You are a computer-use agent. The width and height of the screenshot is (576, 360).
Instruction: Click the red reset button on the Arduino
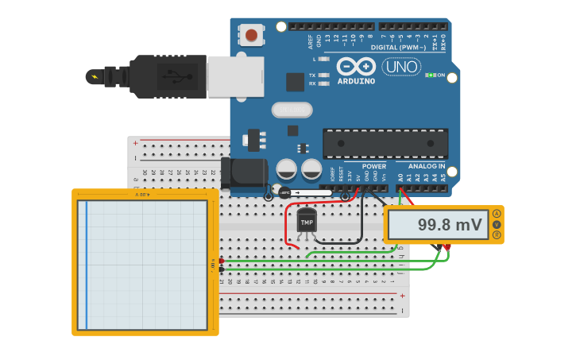pyautogui.click(x=252, y=35)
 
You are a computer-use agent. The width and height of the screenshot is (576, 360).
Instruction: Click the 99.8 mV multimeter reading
pyautogui.click(x=450, y=225)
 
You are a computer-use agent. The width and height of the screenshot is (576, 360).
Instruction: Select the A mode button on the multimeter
pyautogui.click(x=497, y=214)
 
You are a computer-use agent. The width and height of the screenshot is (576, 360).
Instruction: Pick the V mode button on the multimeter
pyautogui.click(x=497, y=224)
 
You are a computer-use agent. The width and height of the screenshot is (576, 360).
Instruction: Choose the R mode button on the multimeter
pyautogui.click(x=497, y=234)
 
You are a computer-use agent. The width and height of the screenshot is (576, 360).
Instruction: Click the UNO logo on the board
pyautogui.click(x=401, y=67)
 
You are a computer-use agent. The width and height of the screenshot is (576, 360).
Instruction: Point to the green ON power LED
pyautogui.click(x=430, y=75)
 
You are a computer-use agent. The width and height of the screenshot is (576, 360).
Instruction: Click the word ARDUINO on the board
pyautogui.click(x=356, y=80)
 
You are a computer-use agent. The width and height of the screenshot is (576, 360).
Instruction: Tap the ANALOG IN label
pyautogui.click(x=427, y=166)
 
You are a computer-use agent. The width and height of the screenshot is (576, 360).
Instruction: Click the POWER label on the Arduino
pyautogui.click(x=373, y=166)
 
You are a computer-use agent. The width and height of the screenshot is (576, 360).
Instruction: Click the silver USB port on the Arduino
pyautogui.click(x=235, y=76)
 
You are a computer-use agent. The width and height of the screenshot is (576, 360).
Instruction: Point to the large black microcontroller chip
pyautogui.click(x=385, y=143)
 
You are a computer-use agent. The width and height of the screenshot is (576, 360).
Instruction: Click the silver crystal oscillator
pyautogui.click(x=292, y=110)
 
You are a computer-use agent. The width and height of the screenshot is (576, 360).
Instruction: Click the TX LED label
pyautogui.click(x=312, y=75)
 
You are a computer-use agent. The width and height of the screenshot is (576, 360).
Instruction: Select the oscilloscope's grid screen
pyautogui.click(x=146, y=264)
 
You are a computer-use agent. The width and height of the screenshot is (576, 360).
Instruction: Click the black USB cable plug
pyautogui.click(x=168, y=76)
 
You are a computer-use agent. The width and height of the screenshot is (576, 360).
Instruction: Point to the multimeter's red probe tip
pyautogui.click(x=447, y=247)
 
